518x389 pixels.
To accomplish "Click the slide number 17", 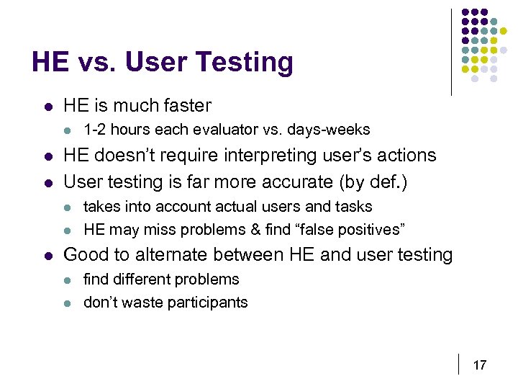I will (479, 365).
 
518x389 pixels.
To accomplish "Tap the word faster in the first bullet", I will (185, 106).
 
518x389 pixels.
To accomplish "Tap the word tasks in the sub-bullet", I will (355, 207).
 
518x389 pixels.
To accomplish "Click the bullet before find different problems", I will (68, 280).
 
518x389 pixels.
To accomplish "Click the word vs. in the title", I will (96, 63).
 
